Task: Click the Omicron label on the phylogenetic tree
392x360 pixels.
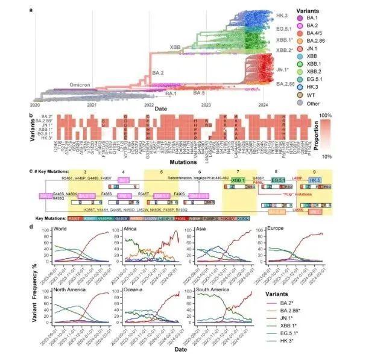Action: point(80,85)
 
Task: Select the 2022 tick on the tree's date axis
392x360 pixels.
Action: point(149,104)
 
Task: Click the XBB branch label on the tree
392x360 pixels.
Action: point(175,46)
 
